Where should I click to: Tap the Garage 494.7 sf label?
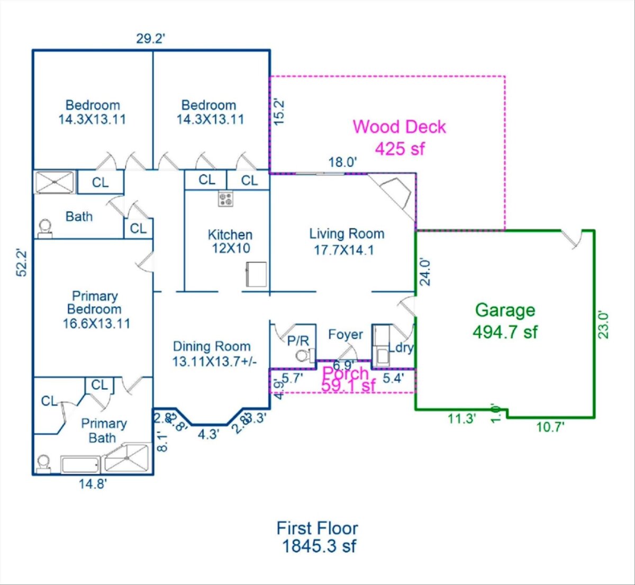505,321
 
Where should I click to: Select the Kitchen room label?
230,241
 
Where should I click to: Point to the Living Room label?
346,241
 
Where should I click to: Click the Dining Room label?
212,354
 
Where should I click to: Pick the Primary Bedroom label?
95,310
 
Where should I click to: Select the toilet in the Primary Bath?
44,463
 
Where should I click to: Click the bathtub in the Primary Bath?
80,465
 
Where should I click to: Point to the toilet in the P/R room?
303,355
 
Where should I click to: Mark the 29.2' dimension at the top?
151,39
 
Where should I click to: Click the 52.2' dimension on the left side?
22,263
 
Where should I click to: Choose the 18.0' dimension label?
342,163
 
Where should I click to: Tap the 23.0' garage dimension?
604,324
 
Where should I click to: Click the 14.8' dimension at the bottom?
93,483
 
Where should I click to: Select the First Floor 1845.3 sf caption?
317,537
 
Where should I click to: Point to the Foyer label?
346,335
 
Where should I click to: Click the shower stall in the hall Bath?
55,182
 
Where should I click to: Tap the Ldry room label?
401,348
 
